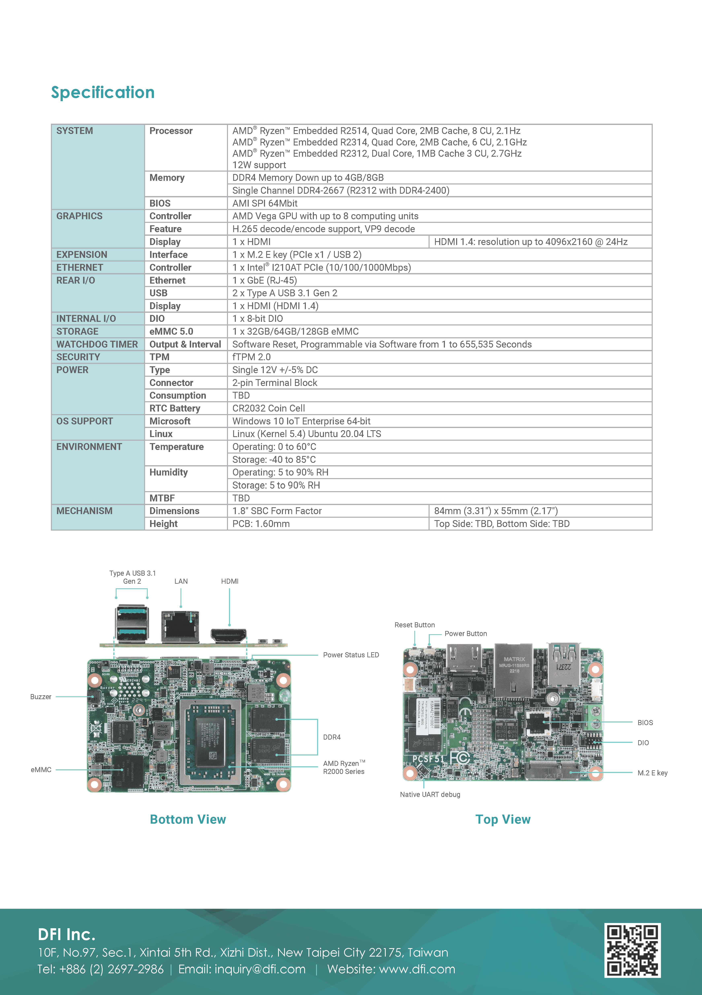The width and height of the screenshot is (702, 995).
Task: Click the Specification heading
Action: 103,92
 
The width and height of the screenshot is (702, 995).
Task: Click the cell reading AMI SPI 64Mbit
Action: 265,203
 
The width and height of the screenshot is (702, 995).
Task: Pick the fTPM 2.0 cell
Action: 252,357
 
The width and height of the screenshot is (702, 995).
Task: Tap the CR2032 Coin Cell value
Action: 268,408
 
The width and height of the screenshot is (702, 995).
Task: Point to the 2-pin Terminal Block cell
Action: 274,383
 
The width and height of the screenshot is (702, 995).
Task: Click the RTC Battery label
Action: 175,408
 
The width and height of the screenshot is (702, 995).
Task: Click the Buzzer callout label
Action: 41,697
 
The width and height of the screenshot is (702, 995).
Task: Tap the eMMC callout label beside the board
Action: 41,770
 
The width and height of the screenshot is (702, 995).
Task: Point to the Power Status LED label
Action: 351,655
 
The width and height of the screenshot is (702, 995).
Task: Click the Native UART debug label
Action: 430,794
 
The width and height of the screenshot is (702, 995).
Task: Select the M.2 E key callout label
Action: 652,773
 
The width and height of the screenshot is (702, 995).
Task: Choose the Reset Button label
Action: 414,625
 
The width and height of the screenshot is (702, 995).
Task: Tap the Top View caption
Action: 503,819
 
